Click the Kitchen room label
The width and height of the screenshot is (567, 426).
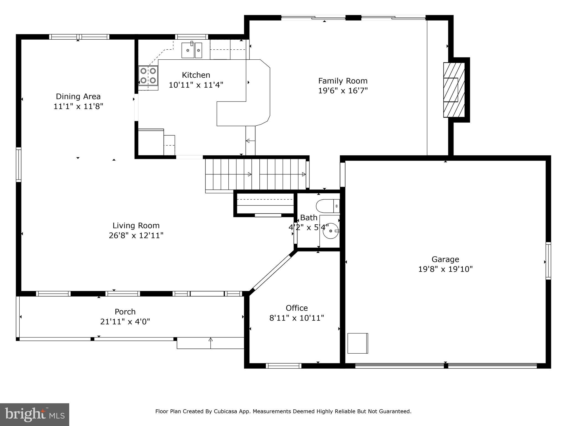click(196, 75)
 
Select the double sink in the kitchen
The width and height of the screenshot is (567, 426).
click(192, 50)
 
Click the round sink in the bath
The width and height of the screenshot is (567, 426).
click(331, 231)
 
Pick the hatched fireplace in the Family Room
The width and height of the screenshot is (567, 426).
click(454, 90)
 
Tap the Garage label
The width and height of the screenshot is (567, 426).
click(445, 259)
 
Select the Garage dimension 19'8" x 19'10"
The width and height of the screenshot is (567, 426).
click(445, 269)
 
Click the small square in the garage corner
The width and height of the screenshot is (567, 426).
click(358, 343)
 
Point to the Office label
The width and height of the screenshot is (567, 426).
click(297, 308)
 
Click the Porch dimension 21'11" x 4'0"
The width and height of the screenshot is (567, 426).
click(125, 322)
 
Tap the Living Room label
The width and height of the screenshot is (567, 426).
click(136, 225)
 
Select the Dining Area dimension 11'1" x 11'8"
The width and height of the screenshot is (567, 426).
click(78, 106)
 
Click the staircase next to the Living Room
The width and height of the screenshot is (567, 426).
click(256, 174)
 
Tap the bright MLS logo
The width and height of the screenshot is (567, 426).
click(35, 414)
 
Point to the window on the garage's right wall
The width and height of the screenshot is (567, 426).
click(548, 260)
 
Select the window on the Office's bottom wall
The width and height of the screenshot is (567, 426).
click(283, 366)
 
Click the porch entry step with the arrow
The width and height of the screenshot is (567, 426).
click(210, 343)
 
